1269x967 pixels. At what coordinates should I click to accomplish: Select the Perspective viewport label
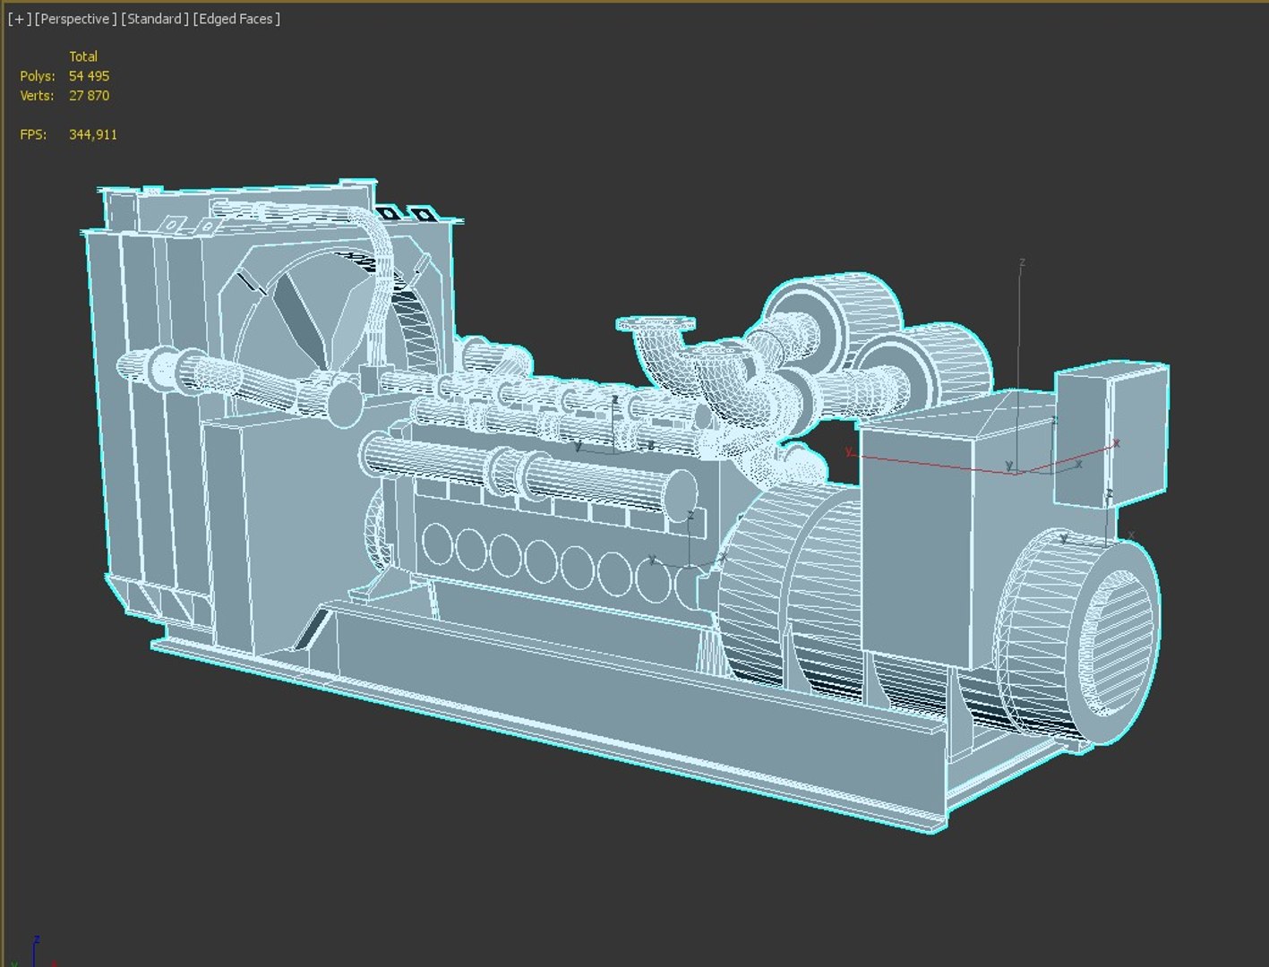pyautogui.click(x=76, y=19)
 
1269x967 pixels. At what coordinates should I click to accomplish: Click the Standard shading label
pyautogui.click(x=155, y=19)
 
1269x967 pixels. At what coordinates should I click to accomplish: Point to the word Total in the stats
pyautogui.click(x=83, y=56)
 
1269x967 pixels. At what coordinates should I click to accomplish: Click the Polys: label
pyautogui.click(x=38, y=76)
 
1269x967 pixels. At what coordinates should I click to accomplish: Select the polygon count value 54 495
pyautogui.click(x=89, y=76)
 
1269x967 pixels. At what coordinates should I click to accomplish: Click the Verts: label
pyautogui.click(x=38, y=96)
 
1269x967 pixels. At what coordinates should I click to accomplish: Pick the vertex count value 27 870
pyautogui.click(x=89, y=96)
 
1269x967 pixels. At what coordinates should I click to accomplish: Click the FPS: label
pyautogui.click(x=34, y=134)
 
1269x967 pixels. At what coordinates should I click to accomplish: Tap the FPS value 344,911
pyautogui.click(x=93, y=134)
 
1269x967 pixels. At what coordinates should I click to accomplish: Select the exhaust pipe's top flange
pyautogui.click(x=655, y=323)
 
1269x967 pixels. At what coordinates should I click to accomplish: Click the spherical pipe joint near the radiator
pyautogui.click(x=341, y=403)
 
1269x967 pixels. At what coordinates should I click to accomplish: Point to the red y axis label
pyautogui.click(x=848, y=451)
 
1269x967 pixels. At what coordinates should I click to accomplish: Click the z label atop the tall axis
pyautogui.click(x=1022, y=262)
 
